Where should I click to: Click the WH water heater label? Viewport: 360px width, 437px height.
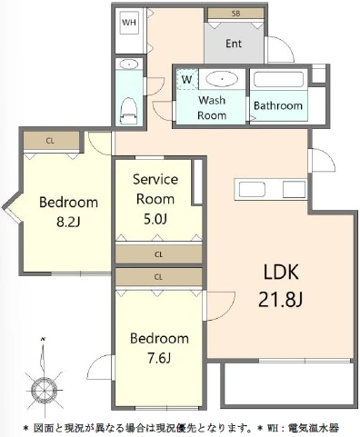pos(129,23)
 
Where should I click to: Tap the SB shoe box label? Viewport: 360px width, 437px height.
pos(235,14)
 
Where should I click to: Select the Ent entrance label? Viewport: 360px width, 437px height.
pos(234,44)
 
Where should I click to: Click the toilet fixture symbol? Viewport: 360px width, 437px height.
pos(129,111)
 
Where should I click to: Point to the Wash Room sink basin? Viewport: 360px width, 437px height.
pos(222,79)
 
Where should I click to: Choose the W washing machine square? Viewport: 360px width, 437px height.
pos(187,79)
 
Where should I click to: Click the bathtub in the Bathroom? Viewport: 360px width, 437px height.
pos(278,79)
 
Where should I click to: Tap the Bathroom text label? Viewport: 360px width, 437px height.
pos(278,105)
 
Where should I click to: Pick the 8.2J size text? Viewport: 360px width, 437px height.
pos(68,223)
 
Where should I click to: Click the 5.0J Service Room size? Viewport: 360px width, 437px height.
pos(155,219)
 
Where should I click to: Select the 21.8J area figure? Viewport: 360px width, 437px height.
pos(281,300)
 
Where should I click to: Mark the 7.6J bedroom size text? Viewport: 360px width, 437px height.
pos(159,359)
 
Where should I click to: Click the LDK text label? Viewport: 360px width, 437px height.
pos(281,272)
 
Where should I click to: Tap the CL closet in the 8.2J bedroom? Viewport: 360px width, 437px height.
pos(51,141)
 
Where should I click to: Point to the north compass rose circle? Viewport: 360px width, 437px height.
pos(45,390)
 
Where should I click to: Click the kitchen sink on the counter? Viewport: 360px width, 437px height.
pos(252,190)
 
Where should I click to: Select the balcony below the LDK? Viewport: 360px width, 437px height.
pos(289,384)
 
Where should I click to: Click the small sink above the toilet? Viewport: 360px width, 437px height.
pos(129,65)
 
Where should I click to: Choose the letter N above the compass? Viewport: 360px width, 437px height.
pos(44,339)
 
